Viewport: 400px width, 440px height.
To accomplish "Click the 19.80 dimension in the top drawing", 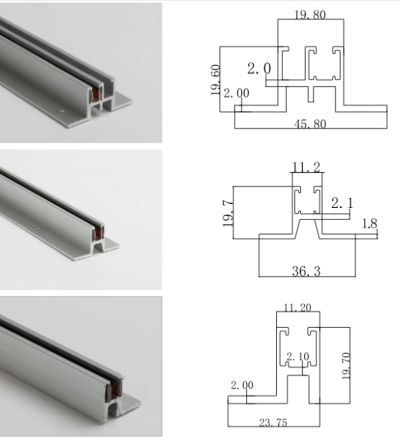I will [x=310, y=14].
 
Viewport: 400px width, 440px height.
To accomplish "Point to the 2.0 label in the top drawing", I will [x=259, y=69].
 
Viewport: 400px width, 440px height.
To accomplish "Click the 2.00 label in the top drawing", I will [x=236, y=93].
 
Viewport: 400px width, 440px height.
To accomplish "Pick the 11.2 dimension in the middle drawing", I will [x=307, y=167].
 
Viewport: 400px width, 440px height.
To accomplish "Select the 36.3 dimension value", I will [x=306, y=271].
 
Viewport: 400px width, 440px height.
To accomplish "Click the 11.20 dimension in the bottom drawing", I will [x=298, y=308].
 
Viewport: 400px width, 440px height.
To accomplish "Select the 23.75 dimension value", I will [x=273, y=423].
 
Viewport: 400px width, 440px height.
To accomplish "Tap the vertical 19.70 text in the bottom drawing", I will [x=345, y=366].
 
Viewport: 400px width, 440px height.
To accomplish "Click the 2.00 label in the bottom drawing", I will [x=242, y=385].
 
